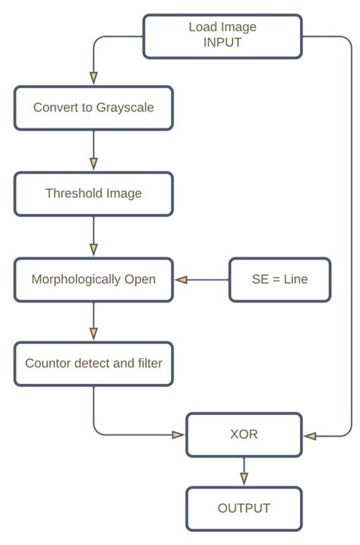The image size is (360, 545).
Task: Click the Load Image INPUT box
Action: (223, 35)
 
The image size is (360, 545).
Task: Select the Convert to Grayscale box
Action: (93, 108)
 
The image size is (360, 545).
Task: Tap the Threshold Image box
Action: (93, 194)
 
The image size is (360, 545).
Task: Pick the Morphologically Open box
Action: (93, 279)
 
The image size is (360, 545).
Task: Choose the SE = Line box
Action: (279, 279)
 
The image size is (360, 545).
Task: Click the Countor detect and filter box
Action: (93, 364)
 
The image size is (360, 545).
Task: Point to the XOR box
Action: (244, 435)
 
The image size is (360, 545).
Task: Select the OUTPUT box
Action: (244, 509)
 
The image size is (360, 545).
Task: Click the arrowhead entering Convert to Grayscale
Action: (93, 77)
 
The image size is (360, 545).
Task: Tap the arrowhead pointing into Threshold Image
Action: (93, 163)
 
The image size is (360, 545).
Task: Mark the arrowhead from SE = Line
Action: (182, 279)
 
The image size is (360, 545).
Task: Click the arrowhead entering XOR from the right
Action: (309, 436)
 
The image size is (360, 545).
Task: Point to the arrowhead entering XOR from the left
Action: (178, 435)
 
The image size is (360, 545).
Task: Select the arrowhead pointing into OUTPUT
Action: (244, 478)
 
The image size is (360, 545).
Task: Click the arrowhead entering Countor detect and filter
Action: (93, 333)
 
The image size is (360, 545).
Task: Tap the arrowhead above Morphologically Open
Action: (93, 249)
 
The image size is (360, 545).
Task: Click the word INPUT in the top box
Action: (223, 43)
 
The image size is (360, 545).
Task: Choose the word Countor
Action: (49, 364)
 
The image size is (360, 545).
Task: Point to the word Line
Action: (295, 279)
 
